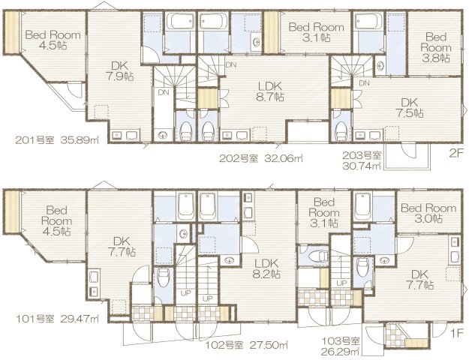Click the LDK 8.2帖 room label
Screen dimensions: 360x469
pyautogui.click(x=266, y=268)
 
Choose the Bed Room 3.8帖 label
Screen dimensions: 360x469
pyautogui.click(x=435, y=46)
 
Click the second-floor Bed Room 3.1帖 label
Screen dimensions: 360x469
pyautogui.click(x=316, y=31)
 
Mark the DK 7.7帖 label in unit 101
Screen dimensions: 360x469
pyautogui.click(x=118, y=247)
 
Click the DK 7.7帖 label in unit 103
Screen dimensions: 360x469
pyautogui.click(x=418, y=279)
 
